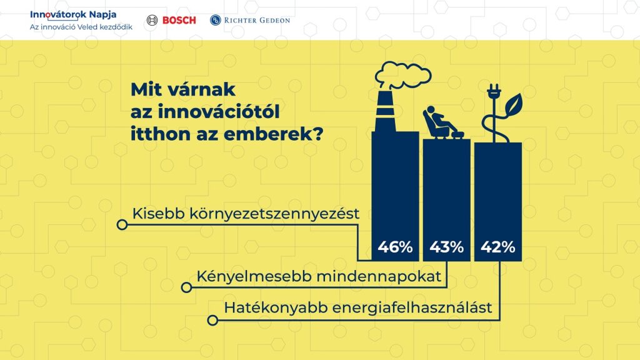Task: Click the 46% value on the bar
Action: pyautogui.click(x=395, y=247)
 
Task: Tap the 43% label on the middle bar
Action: pyautogui.click(x=446, y=247)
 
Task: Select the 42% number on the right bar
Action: pyautogui.click(x=498, y=247)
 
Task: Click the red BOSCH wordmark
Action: pyautogui.click(x=179, y=20)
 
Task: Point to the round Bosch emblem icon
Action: pyautogui.click(x=152, y=20)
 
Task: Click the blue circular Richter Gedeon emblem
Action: pyautogui.click(x=215, y=20)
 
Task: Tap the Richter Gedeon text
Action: pyautogui.click(x=257, y=20)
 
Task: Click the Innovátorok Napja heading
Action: pyautogui.click(x=73, y=14)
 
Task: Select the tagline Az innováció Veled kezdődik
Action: pyautogui.click(x=81, y=27)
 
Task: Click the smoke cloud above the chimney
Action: pyautogui.click(x=403, y=75)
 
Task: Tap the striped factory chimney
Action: pyautogui.click(x=385, y=111)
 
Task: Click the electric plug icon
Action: pyautogui.click(x=494, y=92)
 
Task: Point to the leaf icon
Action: pyautogui.click(x=514, y=104)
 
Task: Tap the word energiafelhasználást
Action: pyautogui.click(x=412, y=307)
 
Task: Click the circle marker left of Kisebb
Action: pyautogui.click(x=122, y=224)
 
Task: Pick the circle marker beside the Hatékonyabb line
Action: pyautogui.click(x=212, y=321)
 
